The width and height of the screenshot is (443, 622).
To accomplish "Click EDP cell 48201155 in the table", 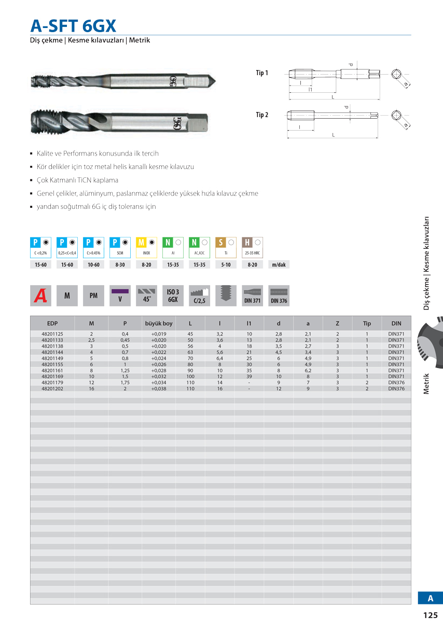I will (x=52, y=364).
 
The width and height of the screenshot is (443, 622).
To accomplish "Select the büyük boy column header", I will (x=159, y=323).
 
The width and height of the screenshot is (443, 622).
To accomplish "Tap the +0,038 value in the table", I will (x=159, y=388).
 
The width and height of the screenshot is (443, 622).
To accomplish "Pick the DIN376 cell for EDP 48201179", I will (x=396, y=383).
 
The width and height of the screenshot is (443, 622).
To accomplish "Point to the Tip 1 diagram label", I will (x=262, y=73).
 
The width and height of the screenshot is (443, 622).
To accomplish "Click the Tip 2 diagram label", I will (x=262, y=115).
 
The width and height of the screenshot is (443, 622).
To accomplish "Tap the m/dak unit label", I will (x=279, y=265).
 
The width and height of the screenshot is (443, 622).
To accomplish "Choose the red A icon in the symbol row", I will (x=40, y=295).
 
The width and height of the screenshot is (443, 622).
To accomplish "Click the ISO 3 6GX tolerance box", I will (x=173, y=295).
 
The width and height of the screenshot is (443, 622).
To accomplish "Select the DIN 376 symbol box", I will (x=279, y=295).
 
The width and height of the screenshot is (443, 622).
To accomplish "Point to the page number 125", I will (x=430, y=615).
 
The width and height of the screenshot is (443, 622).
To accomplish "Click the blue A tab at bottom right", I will (x=430, y=598).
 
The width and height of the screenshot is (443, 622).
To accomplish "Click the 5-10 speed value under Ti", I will (x=226, y=265).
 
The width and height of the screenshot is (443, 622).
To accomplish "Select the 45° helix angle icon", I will (x=146, y=295).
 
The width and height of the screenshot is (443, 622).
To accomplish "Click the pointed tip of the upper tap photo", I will (x=214, y=81).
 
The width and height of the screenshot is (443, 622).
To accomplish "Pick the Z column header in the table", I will (x=337, y=323).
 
